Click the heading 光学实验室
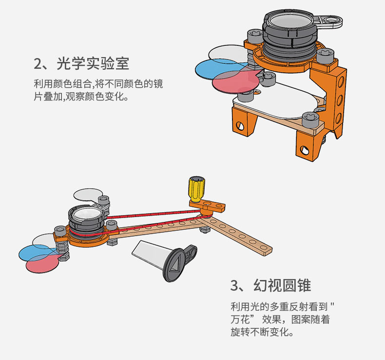93,63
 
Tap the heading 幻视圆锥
282,285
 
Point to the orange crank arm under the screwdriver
208,206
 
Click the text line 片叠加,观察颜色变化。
81,97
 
